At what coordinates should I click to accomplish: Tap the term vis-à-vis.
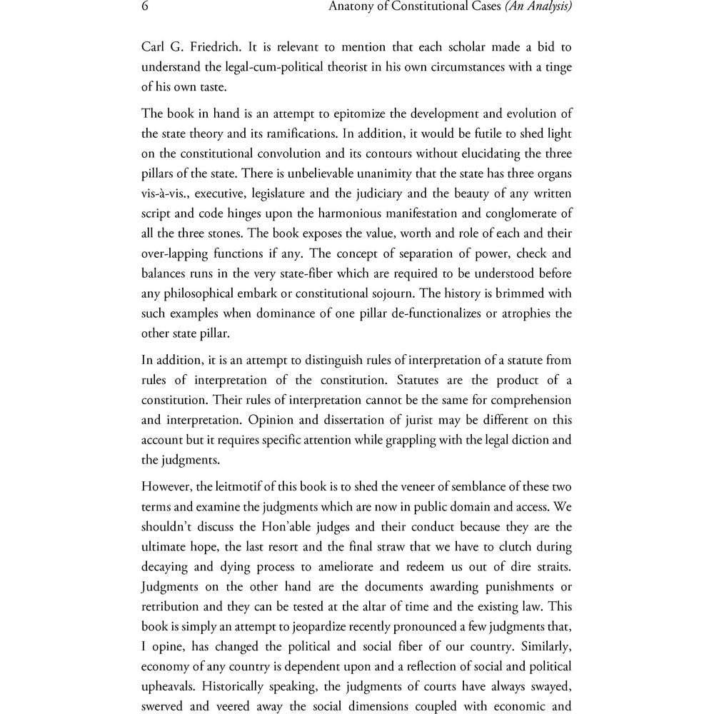(165, 193)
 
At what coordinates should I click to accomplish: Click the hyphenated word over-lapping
(177, 253)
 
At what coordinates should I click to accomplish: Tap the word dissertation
(306, 421)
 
